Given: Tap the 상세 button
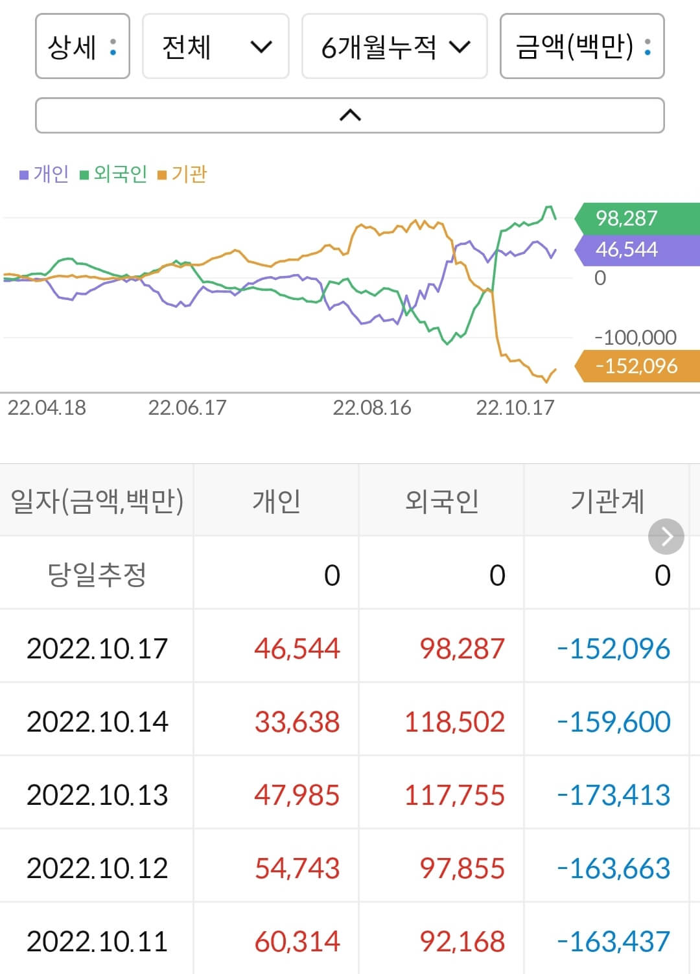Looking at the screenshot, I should tap(82, 47).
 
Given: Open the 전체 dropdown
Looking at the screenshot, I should tap(215, 47).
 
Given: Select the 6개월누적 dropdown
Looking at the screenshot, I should tap(394, 47).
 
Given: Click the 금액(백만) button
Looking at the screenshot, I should tap(581, 47).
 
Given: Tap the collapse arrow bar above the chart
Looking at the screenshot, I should tap(349, 115).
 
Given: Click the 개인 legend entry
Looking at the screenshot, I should tap(45, 174).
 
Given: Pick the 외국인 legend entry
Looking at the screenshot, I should tap(114, 174).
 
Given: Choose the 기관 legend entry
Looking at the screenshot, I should tap(183, 174).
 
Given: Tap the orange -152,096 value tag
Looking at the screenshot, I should tap(636, 366).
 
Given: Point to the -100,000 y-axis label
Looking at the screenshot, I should tap(635, 337).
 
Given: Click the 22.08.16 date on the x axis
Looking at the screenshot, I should tap(371, 408).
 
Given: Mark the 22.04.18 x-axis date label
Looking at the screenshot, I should tap(47, 408).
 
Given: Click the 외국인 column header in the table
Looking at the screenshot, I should tap(441, 501).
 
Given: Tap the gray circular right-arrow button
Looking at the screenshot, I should tap(666, 537).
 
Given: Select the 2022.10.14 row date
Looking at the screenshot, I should tap(97, 721).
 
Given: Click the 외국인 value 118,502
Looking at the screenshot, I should tap(454, 721).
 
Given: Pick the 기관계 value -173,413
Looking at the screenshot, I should tap(613, 794).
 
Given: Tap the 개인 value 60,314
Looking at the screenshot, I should tap(297, 941).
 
